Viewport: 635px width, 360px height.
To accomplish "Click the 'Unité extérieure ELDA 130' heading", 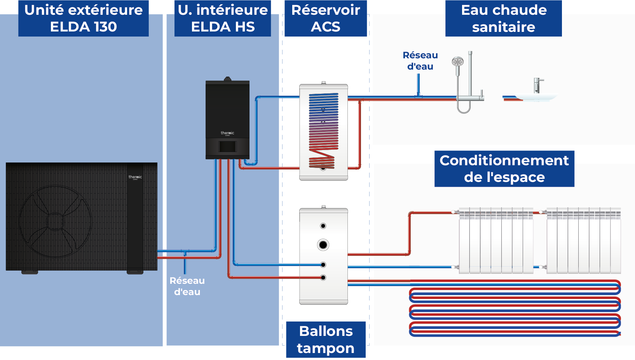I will click(83, 18).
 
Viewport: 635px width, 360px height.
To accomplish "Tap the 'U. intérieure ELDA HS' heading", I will click(223, 18).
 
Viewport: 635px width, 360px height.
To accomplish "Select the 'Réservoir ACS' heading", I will click(326, 18).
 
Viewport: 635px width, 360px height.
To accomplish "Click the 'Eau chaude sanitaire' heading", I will click(504, 18).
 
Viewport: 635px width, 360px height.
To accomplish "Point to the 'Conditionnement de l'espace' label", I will click(504, 169).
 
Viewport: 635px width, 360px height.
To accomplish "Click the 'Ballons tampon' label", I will click(326, 340).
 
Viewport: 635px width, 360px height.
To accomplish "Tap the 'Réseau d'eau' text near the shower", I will click(420, 61).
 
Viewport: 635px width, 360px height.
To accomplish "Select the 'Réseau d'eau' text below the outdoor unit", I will click(187, 286).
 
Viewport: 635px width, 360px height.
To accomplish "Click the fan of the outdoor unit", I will click(56, 221).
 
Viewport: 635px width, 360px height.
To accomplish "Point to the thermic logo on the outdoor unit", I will click(135, 177).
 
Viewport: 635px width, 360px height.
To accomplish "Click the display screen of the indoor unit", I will click(227, 147).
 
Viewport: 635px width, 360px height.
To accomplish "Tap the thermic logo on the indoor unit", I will click(227, 133).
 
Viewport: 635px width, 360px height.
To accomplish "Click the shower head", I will click(458, 61).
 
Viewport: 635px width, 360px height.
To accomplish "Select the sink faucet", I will click(537, 85).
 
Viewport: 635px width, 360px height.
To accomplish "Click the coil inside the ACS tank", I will click(323, 130).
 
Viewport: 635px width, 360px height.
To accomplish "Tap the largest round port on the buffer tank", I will click(323, 245).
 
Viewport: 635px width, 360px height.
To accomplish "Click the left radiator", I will click(496, 241).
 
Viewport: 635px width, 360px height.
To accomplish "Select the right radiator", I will click(583, 241).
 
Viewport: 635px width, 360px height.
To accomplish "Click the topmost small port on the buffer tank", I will click(323, 226).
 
